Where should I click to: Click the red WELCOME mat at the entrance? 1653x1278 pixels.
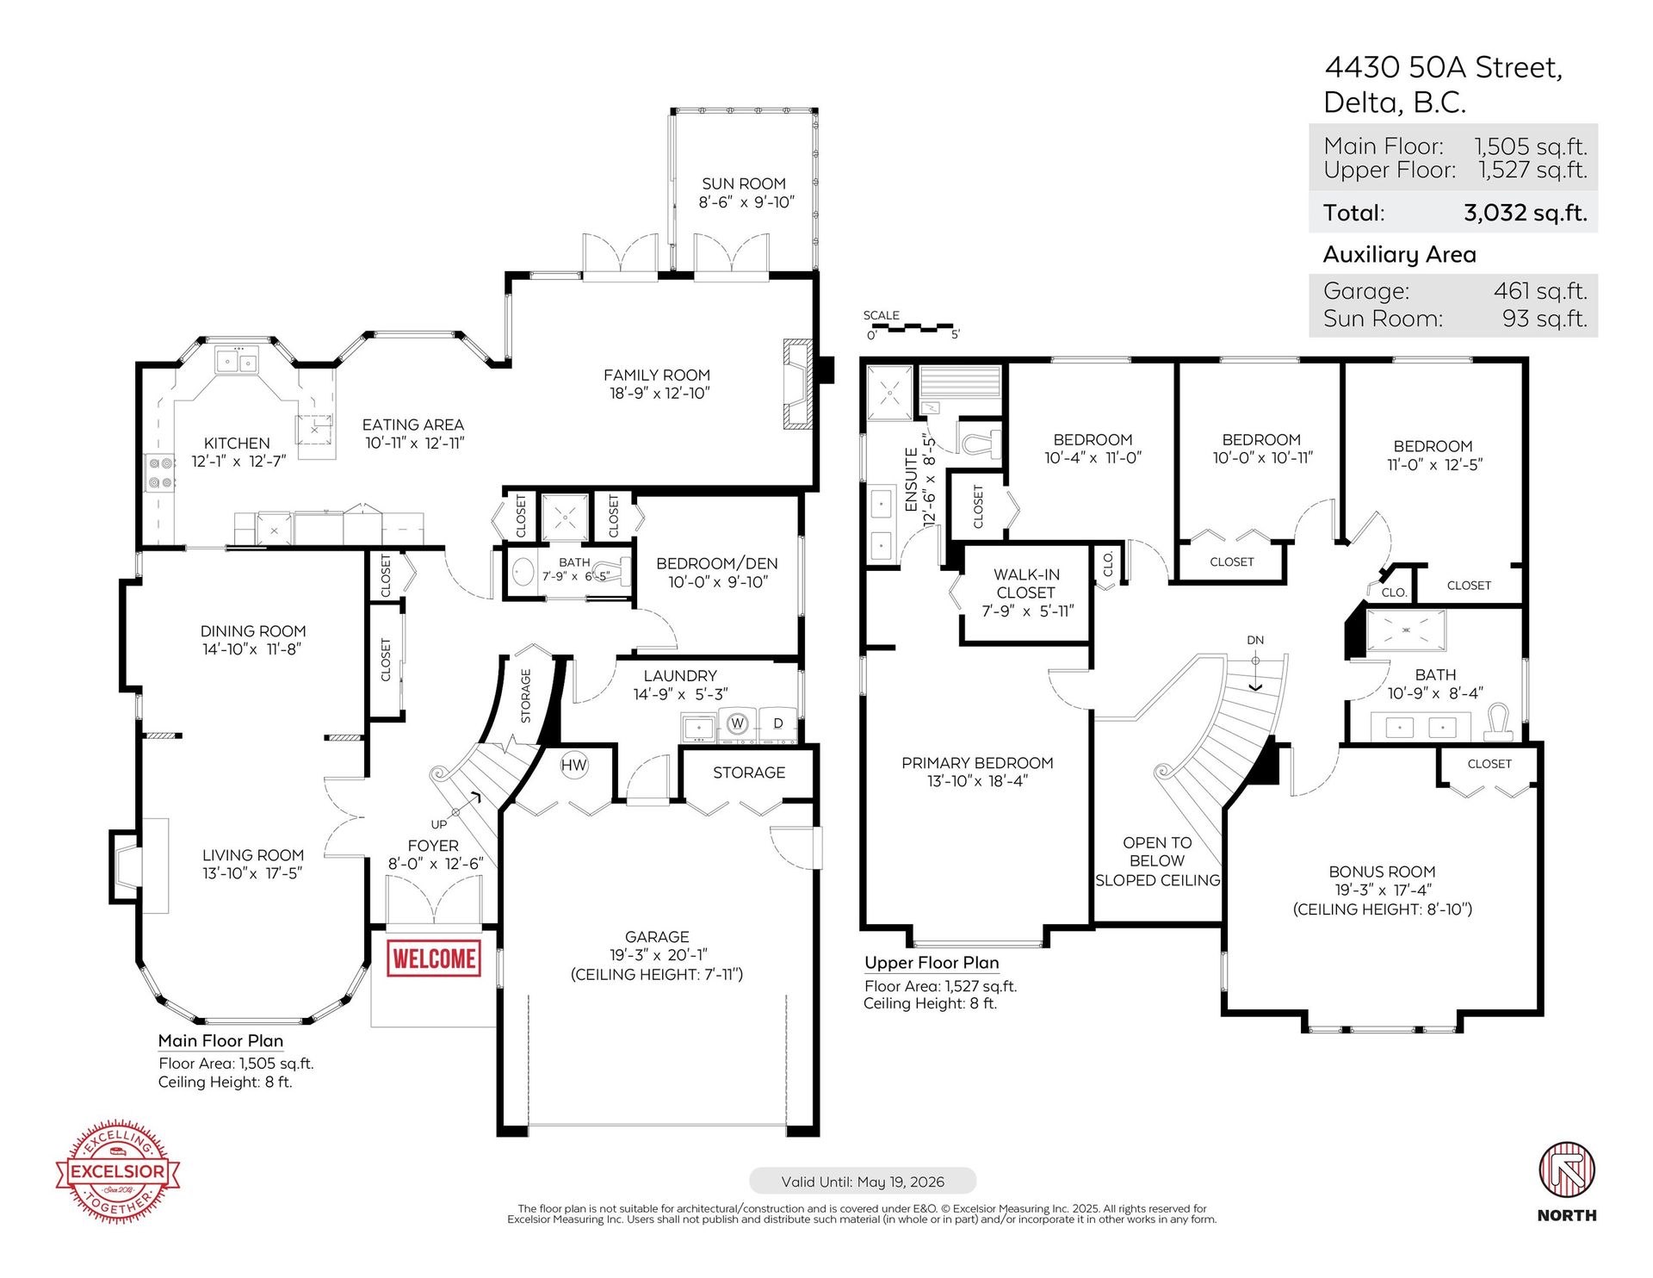click(434, 958)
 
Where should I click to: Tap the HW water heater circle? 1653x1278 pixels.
click(573, 765)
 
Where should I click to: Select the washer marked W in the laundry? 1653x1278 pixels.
click(737, 723)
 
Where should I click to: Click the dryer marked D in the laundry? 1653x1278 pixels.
click(778, 723)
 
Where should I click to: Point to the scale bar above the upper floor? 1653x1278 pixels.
click(912, 328)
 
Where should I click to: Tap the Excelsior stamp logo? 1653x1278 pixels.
click(118, 1171)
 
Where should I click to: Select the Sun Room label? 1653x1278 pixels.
click(744, 183)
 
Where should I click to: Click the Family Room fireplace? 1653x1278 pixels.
click(797, 384)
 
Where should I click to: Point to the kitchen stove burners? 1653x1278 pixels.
click(160, 473)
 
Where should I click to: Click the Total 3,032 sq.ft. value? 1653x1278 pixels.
click(1525, 213)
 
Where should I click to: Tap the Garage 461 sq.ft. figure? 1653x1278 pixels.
click(1540, 291)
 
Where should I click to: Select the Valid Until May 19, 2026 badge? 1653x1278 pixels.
click(863, 1182)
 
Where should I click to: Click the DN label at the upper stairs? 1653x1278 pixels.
click(1255, 640)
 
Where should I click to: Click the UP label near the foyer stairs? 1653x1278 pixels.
click(439, 824)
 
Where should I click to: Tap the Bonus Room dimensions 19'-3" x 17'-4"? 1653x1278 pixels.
click(1382, 890)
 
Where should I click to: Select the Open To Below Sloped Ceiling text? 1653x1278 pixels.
click(1157, 861)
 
